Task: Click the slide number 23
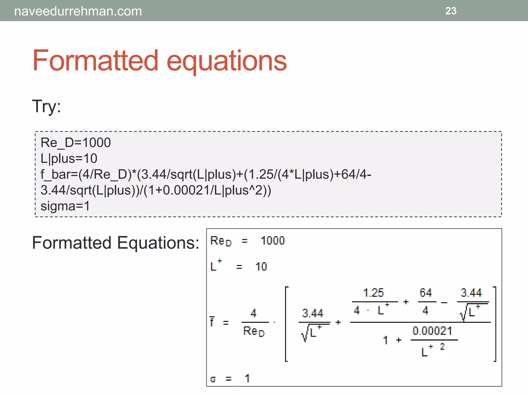[x=451, y=11]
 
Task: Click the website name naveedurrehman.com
[x=78, y=11]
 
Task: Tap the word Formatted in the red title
[x=95, y=61]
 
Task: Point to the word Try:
[x=46, y=106]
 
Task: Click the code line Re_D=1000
[x=76, y=143]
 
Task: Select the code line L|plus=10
[x=69, y=158]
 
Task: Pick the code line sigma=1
[x=65, y=206]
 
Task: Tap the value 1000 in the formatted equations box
[x=273, y=241]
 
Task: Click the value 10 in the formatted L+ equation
[x=261, y=267]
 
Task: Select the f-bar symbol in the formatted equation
[x=212, y=321]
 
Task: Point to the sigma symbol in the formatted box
[x=213, y=379]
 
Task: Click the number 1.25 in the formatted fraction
[x=373, y=293]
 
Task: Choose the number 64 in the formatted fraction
[x=426, y=293]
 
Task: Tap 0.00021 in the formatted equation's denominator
[x=432, y=331]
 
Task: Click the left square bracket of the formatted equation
[x=286, y=324]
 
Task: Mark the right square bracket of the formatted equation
[x=494, y=324]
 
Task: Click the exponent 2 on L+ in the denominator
[x=442, y=346]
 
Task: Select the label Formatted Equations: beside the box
[x=115, y=243]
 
